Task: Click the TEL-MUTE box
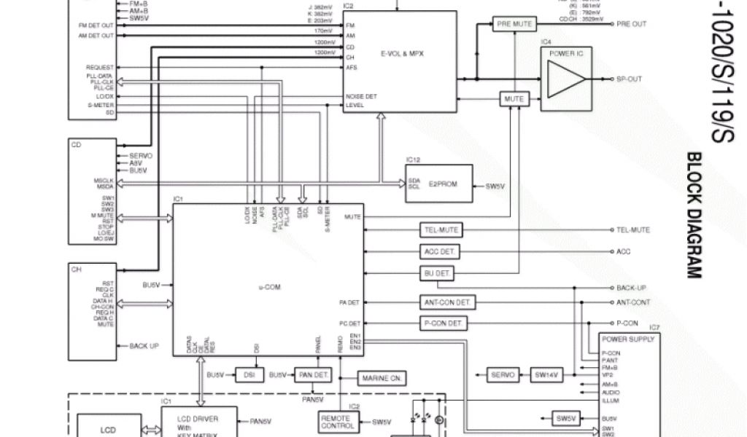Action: tap(441, 230)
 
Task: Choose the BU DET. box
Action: tap(438, 273)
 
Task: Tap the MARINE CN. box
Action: tap(382, 378)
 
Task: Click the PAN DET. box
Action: tap(312, 375)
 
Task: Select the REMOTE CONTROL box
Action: tap(338, 422)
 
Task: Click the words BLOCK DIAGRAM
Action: tap(694, 215)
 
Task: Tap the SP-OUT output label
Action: tap(629, 79)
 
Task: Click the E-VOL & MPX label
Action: tap(402, 54)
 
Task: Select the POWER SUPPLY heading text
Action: tap(628, 339)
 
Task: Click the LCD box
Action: tap(107, 430)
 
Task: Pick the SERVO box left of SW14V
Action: tap(503, 375)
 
